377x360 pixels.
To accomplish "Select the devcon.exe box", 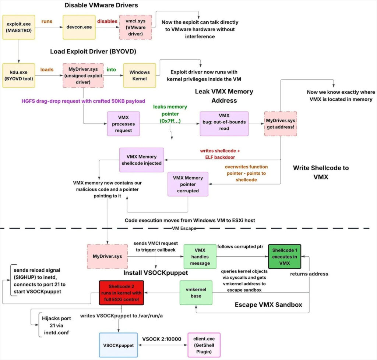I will pos(79,27).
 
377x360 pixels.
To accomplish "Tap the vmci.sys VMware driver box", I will pos(135,27).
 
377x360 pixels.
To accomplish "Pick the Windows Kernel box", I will pos(140,75).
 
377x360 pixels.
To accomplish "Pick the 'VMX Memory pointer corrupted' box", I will pos(188,184).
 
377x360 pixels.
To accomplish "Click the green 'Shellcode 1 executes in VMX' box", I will pos(285,256).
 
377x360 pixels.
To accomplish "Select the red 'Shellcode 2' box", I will pos(121,293).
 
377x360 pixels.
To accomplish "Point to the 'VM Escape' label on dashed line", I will pos(184,228).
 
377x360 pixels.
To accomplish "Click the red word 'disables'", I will pos(107,21).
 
